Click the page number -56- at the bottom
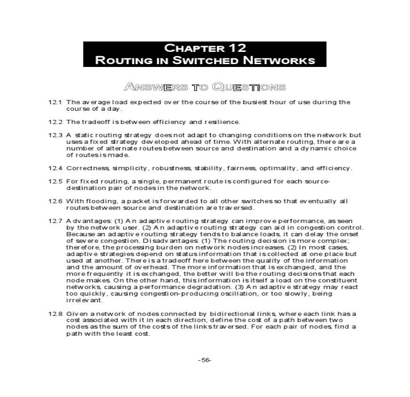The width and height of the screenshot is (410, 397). (205, 360)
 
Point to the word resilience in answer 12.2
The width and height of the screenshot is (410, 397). (224, 122)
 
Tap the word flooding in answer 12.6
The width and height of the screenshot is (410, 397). (95, 201)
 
